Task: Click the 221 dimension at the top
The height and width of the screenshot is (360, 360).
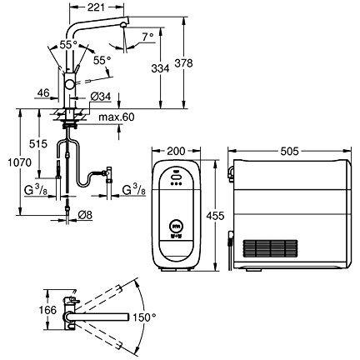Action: [96, 7]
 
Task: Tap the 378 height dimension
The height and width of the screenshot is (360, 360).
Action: [183, 63]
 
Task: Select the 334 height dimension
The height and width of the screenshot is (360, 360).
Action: [160, 68]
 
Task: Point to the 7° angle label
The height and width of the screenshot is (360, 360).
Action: [147, 37]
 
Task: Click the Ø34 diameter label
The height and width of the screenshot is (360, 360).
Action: [101, 97]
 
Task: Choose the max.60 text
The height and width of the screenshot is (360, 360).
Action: [117, 117]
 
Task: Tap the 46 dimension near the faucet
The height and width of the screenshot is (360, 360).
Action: [43, 92]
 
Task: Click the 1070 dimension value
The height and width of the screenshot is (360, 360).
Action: [19, 162]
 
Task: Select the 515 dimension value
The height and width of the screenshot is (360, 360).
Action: [38, 144]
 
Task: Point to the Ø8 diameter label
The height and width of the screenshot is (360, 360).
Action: [85, 215]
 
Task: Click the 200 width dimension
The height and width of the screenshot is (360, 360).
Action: [176, 151]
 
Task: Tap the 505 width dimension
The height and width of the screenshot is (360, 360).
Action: [289, 151]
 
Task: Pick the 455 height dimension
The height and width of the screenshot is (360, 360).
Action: [215, 215]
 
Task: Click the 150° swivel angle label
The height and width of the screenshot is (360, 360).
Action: [144, 317]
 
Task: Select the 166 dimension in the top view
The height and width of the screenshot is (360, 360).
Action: [47, 310]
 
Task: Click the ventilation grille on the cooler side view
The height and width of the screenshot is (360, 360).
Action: [271, 248]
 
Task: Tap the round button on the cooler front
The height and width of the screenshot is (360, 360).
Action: [176, 226]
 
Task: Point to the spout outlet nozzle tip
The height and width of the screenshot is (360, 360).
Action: [123, 26]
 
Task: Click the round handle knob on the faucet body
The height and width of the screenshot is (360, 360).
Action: [69, 83]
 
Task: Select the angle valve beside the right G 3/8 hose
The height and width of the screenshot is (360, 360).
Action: [109, 174]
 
